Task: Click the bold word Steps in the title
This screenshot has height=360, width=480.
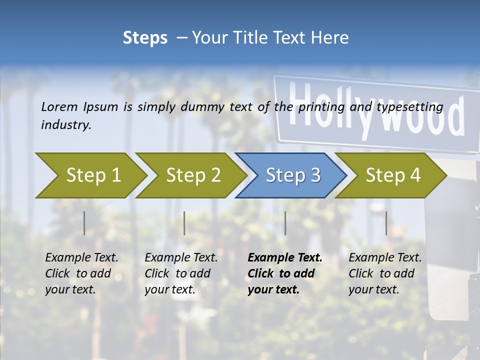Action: [145, 38]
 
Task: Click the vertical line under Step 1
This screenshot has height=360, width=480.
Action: [84, 223]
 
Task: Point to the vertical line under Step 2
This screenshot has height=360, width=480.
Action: [184, 223]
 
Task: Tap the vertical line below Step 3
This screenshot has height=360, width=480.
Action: [285, 223]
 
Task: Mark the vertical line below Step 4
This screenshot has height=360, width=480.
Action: [386, 223]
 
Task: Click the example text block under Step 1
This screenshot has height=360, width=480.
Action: [81, 273]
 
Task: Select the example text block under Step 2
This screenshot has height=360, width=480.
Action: [181, 273]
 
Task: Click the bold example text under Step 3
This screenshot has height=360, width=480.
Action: [285, 273]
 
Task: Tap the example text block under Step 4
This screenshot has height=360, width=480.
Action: [385, 273]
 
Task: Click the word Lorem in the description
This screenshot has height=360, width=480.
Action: [59, 106]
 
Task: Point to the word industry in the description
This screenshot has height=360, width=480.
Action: [66, 125]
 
